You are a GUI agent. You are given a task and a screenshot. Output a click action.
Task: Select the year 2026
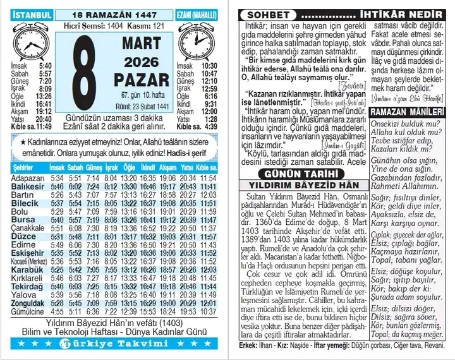tap(141, 62)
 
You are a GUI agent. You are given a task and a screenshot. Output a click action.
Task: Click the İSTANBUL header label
tap(33, 14)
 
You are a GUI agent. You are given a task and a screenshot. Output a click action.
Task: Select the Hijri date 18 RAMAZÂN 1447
tap(115, 14)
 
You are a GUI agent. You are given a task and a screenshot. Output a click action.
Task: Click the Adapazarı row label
tap(28, 178)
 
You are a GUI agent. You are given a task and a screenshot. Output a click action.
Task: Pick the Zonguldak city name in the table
tap(28, 303)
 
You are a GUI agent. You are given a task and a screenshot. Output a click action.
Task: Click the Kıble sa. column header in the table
tap(207, 167)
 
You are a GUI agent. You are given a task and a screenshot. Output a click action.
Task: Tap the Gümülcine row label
tap(28, 311)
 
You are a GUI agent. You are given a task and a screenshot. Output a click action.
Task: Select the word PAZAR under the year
tap(141, 80)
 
